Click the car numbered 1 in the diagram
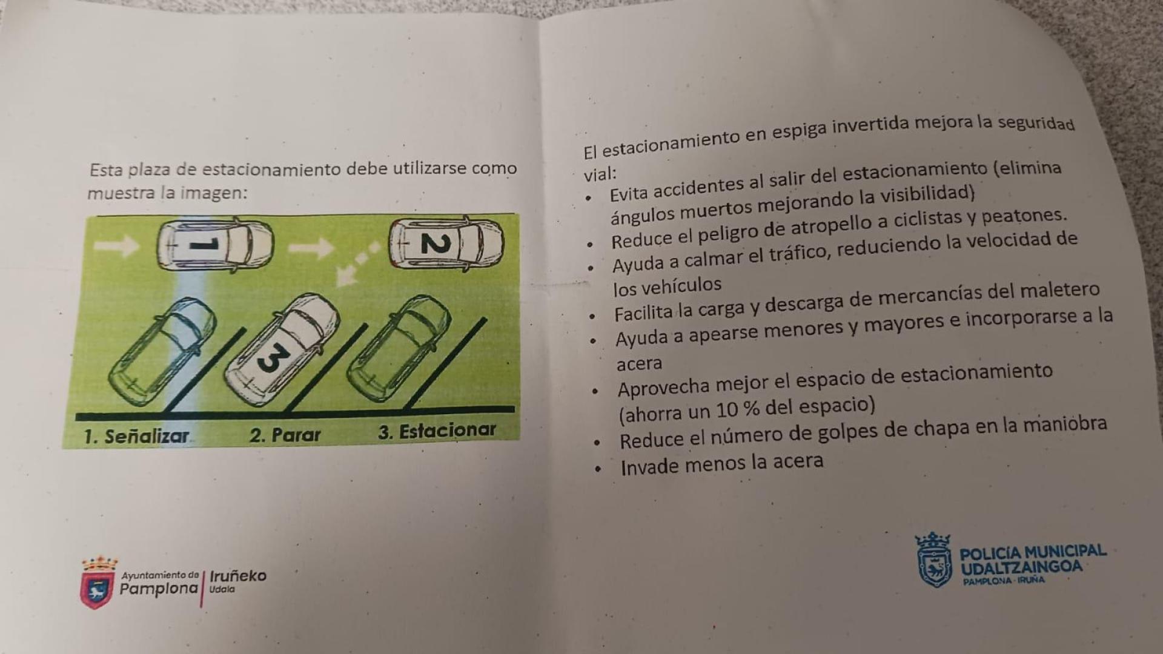215,245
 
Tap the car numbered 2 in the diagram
446,243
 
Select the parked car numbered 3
282,349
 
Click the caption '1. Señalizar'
137,436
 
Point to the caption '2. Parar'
285,434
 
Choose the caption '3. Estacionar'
437,431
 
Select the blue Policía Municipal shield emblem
933,561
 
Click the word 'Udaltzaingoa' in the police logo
1021,567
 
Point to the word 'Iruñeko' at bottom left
238,575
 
